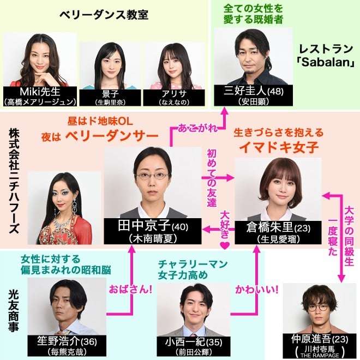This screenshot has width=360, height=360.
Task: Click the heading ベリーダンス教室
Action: point(104,15)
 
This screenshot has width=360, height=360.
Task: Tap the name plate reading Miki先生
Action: point(40,97)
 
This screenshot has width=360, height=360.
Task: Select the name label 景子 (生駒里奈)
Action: point(110,98)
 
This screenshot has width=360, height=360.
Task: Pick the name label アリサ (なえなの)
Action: point(174,98)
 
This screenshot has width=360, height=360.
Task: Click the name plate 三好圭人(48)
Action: point(254,95)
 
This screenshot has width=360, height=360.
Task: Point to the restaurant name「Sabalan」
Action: point(326,62)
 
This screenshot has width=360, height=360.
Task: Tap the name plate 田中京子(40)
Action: point(153,231)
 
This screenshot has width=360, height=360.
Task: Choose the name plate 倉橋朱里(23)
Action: point(278,232)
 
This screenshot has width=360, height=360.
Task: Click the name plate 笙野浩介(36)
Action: point(67,345)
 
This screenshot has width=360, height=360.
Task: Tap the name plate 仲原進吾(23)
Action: point(320,345)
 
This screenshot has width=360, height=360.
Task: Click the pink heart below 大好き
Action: point(225,245)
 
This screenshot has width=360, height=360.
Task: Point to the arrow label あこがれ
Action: point(197,128)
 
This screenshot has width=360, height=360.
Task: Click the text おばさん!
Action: point(130,289)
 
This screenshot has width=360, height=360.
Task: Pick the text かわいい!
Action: point(257,290)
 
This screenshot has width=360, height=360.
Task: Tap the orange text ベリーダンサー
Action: point(112,136)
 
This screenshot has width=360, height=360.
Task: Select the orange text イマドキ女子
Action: point(279,147)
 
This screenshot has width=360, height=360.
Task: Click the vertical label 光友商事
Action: point(13,311)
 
